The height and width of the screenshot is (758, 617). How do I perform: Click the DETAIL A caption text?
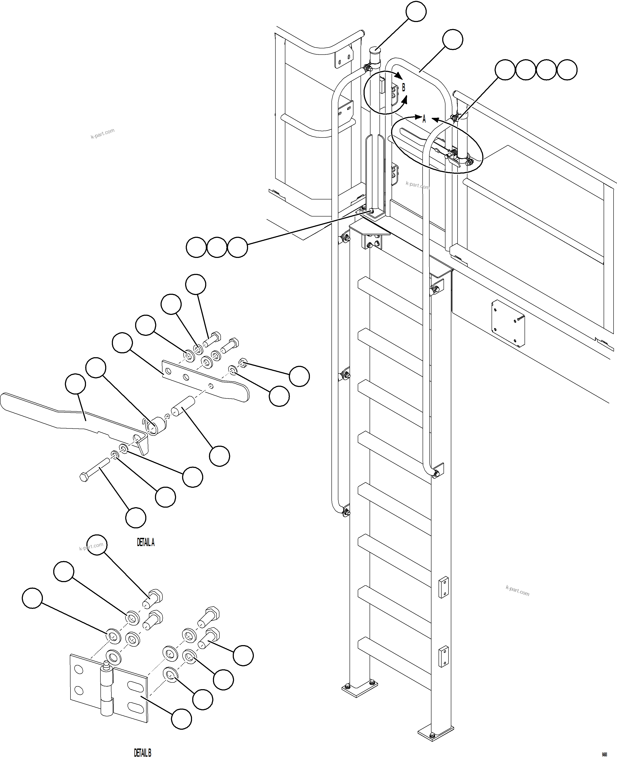pyautogui.click(x=146, y=542)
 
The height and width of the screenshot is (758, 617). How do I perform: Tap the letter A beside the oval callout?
pyautogui.click(x=424, y=119)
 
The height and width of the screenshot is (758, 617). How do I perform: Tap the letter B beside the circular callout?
pyautogui.click(x=403, y=88)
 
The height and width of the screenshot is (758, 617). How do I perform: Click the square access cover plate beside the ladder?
pyautogui.click(x=508, y=322)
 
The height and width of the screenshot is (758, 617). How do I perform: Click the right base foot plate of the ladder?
pyautogui.click(x=436, y=731)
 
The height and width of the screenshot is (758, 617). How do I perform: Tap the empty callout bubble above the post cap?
pyautogui.click(x=416, y=11)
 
